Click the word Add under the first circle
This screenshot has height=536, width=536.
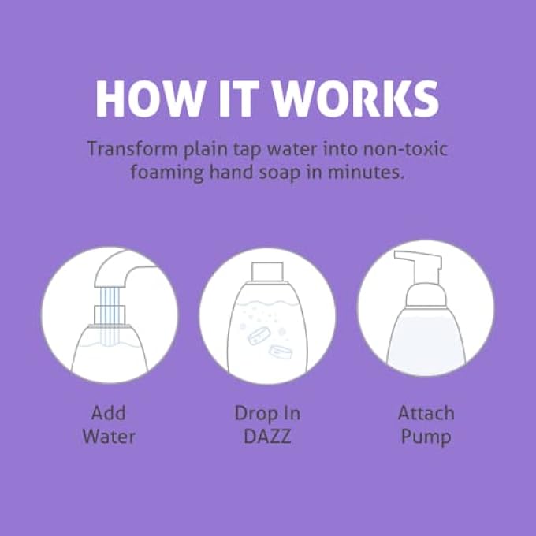[x=109, y=413]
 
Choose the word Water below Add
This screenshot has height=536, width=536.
[x=109, y=436]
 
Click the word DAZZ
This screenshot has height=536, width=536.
[x=267, y=436]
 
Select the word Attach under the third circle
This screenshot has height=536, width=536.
[x=426, y=413]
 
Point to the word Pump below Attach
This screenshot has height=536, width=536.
[x=426, y=436]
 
